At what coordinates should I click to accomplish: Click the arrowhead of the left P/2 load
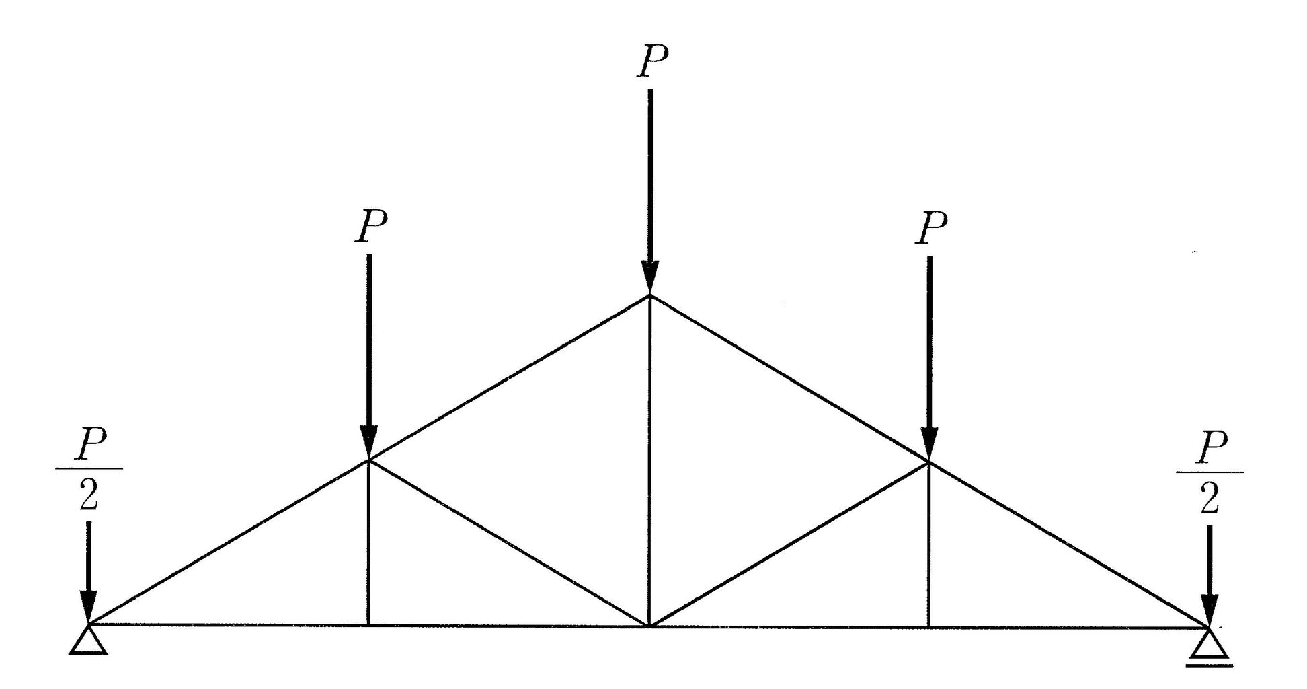[x=88, y=607]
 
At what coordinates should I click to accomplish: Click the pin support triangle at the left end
[x=88, y=641]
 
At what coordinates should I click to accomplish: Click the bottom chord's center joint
[x=649, y=626]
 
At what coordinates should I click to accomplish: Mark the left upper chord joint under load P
[x=368, y=460]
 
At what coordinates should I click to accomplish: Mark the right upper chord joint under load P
[x=929, y=462]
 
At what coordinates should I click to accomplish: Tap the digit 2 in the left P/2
[x=89, y=497]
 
